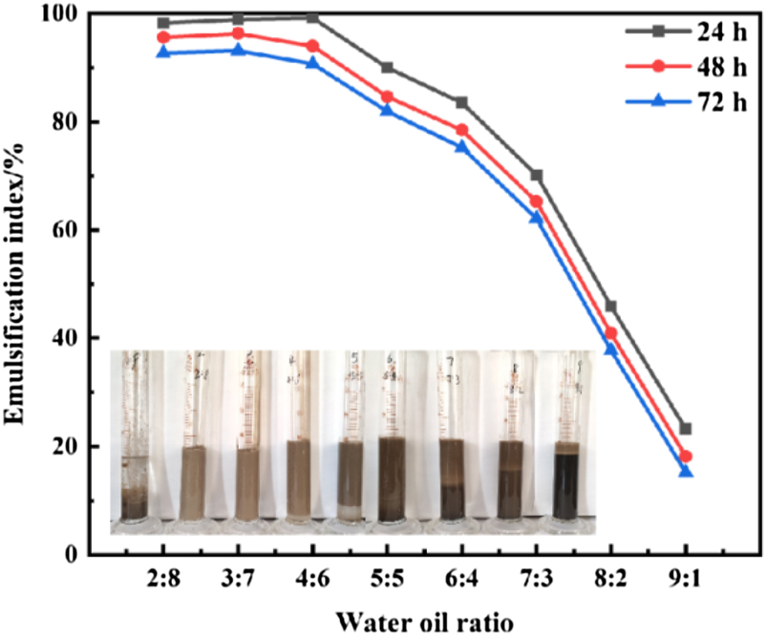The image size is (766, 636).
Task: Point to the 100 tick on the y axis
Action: click(x=59, y=14)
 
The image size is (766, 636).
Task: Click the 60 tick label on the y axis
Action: click(x=65, y=230)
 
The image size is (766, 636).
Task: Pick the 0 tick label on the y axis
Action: click(x=72, y=554)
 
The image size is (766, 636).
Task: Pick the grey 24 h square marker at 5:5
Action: click(x=387, y=68)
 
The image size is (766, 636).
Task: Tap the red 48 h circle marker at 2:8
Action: click(x=163, y=37)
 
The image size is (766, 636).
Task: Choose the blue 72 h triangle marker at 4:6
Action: click(x=312, y=63)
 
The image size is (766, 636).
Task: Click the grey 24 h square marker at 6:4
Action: click(x=461, y=102)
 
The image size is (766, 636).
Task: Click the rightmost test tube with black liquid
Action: click(x=567, y=482)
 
